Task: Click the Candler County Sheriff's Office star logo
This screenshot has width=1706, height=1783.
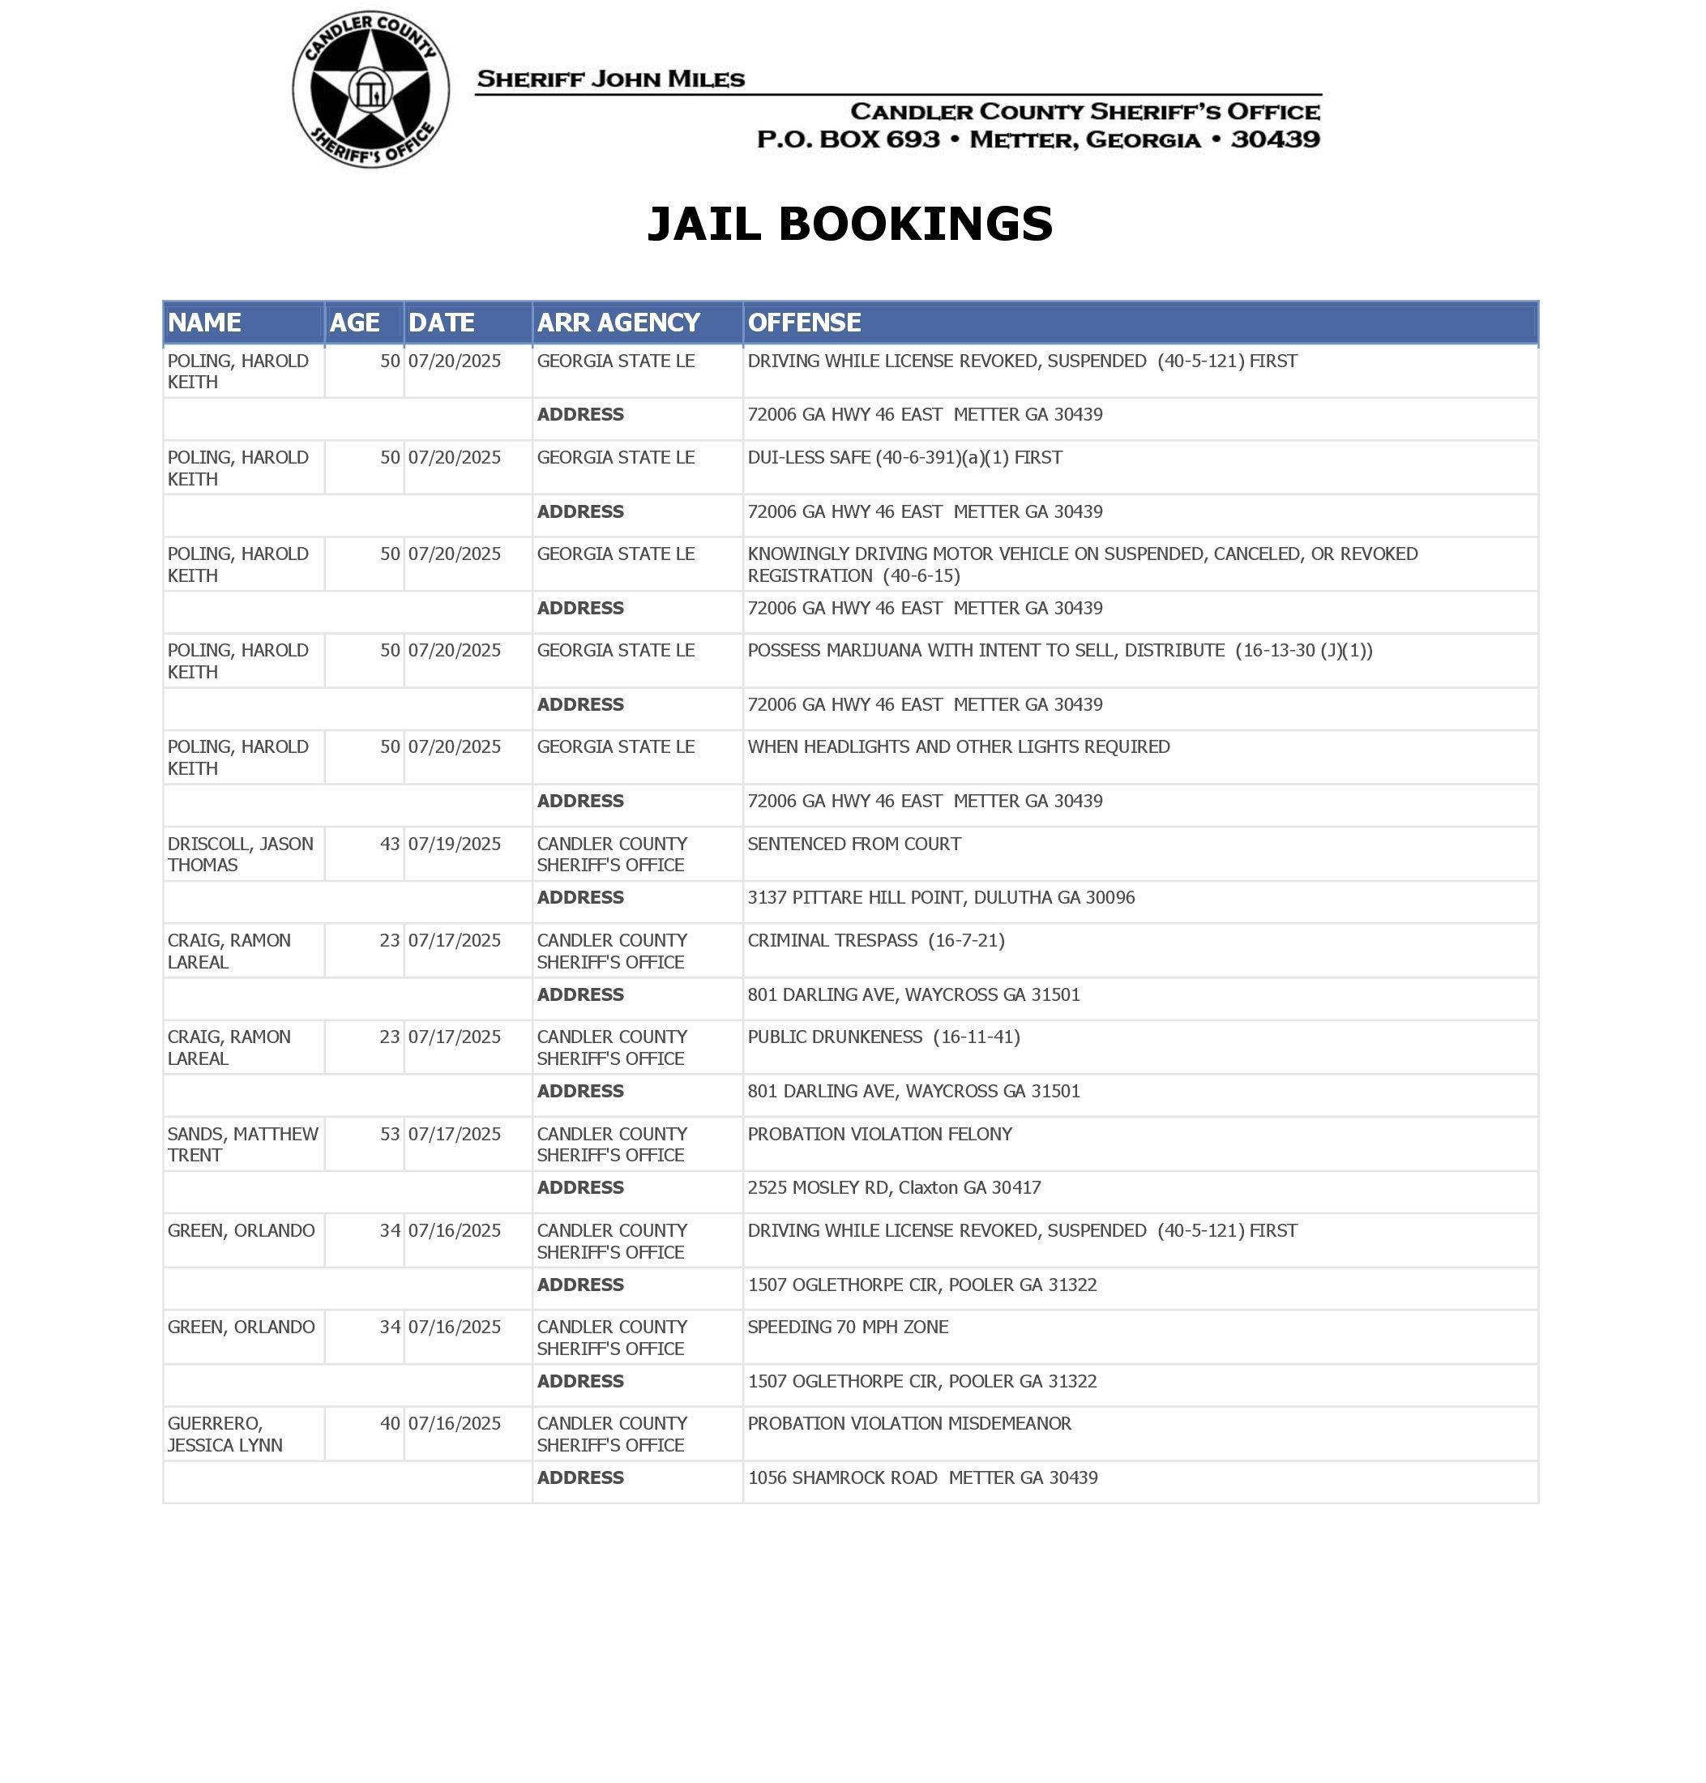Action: pyautogui.click(x=370, y=89)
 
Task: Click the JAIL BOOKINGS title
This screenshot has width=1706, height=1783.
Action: pyautogui.click(x=849, y=224)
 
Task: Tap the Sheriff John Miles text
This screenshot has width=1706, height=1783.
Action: pyautogui.click(x=610, y=79)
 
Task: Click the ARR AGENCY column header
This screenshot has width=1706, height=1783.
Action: pyautogui.click(x=618, y=323)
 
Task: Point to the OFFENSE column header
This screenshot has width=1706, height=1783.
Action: pyautogui.click(x=804, y=323)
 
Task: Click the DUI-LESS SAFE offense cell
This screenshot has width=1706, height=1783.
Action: pyautogui.click(x=904, y=457)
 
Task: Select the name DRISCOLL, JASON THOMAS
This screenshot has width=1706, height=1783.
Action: pyautogui.click(x=240, y=853)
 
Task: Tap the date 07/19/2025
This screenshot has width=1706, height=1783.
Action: pyautogui.click(x=454, y=844)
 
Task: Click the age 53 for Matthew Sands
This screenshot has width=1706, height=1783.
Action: pyautogui.click(x=389, y=1134)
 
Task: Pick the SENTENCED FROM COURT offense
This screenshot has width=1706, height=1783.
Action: pyautogui.click(x=854, y=844)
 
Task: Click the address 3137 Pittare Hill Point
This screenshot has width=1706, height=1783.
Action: pyautogui.click(x=940, y=897)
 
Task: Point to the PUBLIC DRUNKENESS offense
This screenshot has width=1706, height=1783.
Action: pyautogui.click(x=883, y=1037)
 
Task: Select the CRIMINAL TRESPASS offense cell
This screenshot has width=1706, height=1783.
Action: pyautogui.click(x=876, y=940)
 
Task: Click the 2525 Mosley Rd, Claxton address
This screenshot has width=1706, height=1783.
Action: pyautogui.click(x=894, y=1187)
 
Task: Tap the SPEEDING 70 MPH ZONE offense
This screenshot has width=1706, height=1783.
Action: pyautogui.click(x=848, y=1327)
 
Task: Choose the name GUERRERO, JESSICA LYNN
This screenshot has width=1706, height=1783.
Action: pyautogui.click(x=224, y=1434)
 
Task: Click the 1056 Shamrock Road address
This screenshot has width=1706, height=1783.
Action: pyautogui.click(x=922, y=1477)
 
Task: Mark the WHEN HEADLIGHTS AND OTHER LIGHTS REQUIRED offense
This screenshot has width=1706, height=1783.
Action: pyautogui.click(x=959, y=746)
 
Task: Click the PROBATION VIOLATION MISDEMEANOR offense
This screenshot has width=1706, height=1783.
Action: pyautogui.click(x=909, y=1423)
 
